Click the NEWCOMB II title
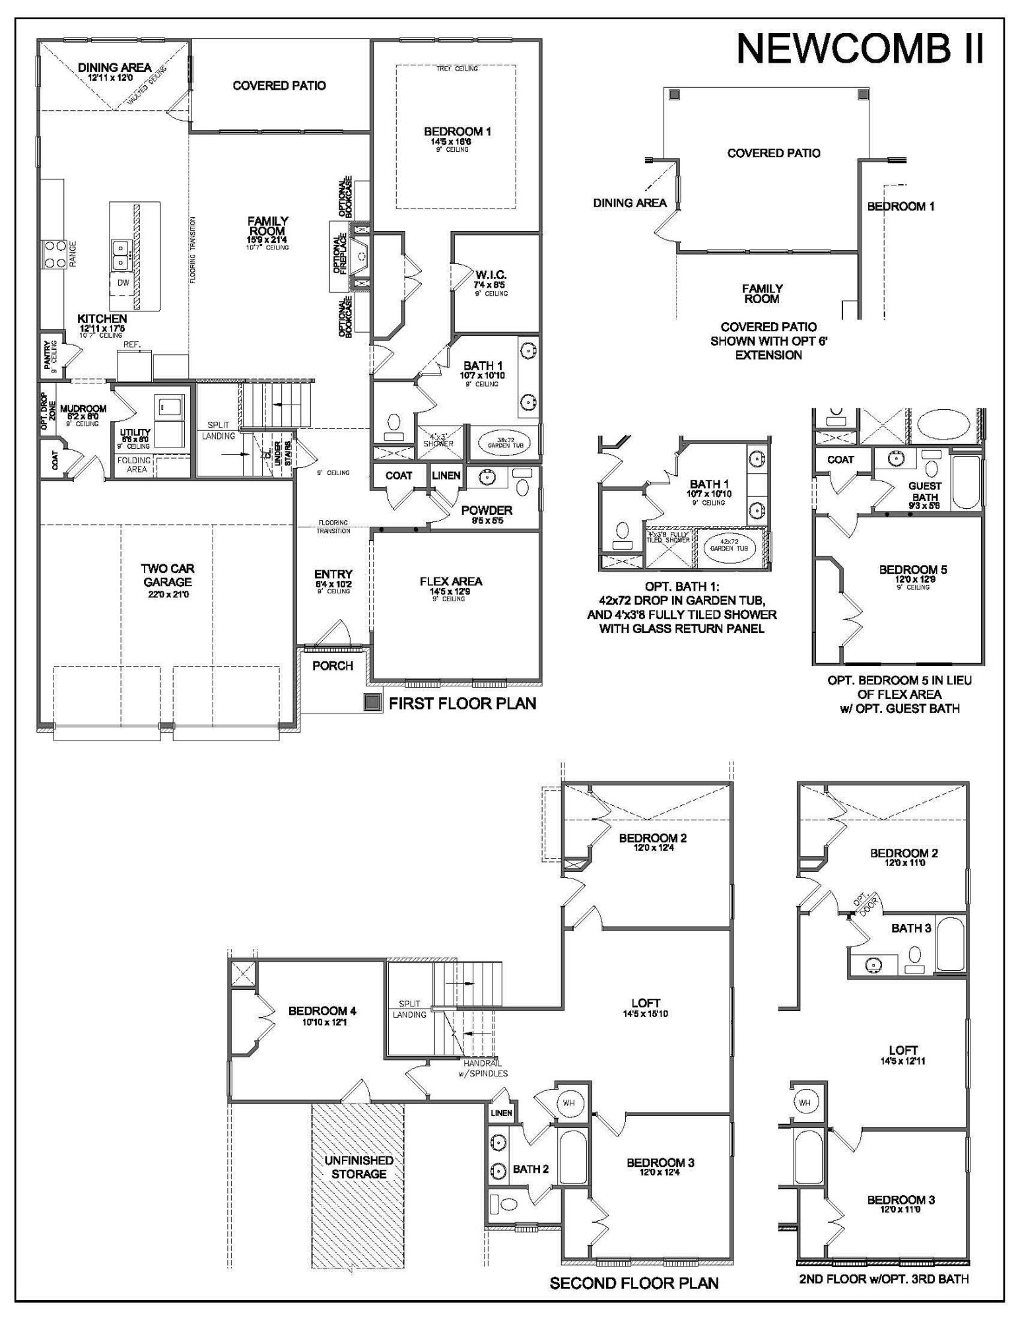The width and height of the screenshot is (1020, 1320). click(860, 49)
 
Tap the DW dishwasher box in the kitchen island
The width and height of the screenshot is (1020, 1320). click(123, 282)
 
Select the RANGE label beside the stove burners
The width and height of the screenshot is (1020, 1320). click(73, 254)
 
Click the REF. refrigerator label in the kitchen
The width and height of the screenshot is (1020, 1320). click(133, 345)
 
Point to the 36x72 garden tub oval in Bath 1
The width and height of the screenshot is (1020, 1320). click(505, 443)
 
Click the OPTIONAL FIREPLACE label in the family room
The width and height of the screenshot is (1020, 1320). click(339, 253)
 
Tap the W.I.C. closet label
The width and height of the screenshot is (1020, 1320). click(491, 275)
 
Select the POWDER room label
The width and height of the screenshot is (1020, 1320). click(487, 510)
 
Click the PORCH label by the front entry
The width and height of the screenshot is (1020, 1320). click(333, 666)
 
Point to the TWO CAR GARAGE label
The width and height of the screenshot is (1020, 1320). click(168, 575)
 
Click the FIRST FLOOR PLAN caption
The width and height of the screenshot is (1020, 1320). click(462, 704)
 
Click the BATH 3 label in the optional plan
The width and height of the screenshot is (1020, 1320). click(911, 929)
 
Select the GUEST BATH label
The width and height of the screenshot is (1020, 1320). click(924, 491)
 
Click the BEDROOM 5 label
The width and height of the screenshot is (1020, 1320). click(912, 570)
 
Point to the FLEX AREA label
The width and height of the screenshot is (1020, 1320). click(451, 581)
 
